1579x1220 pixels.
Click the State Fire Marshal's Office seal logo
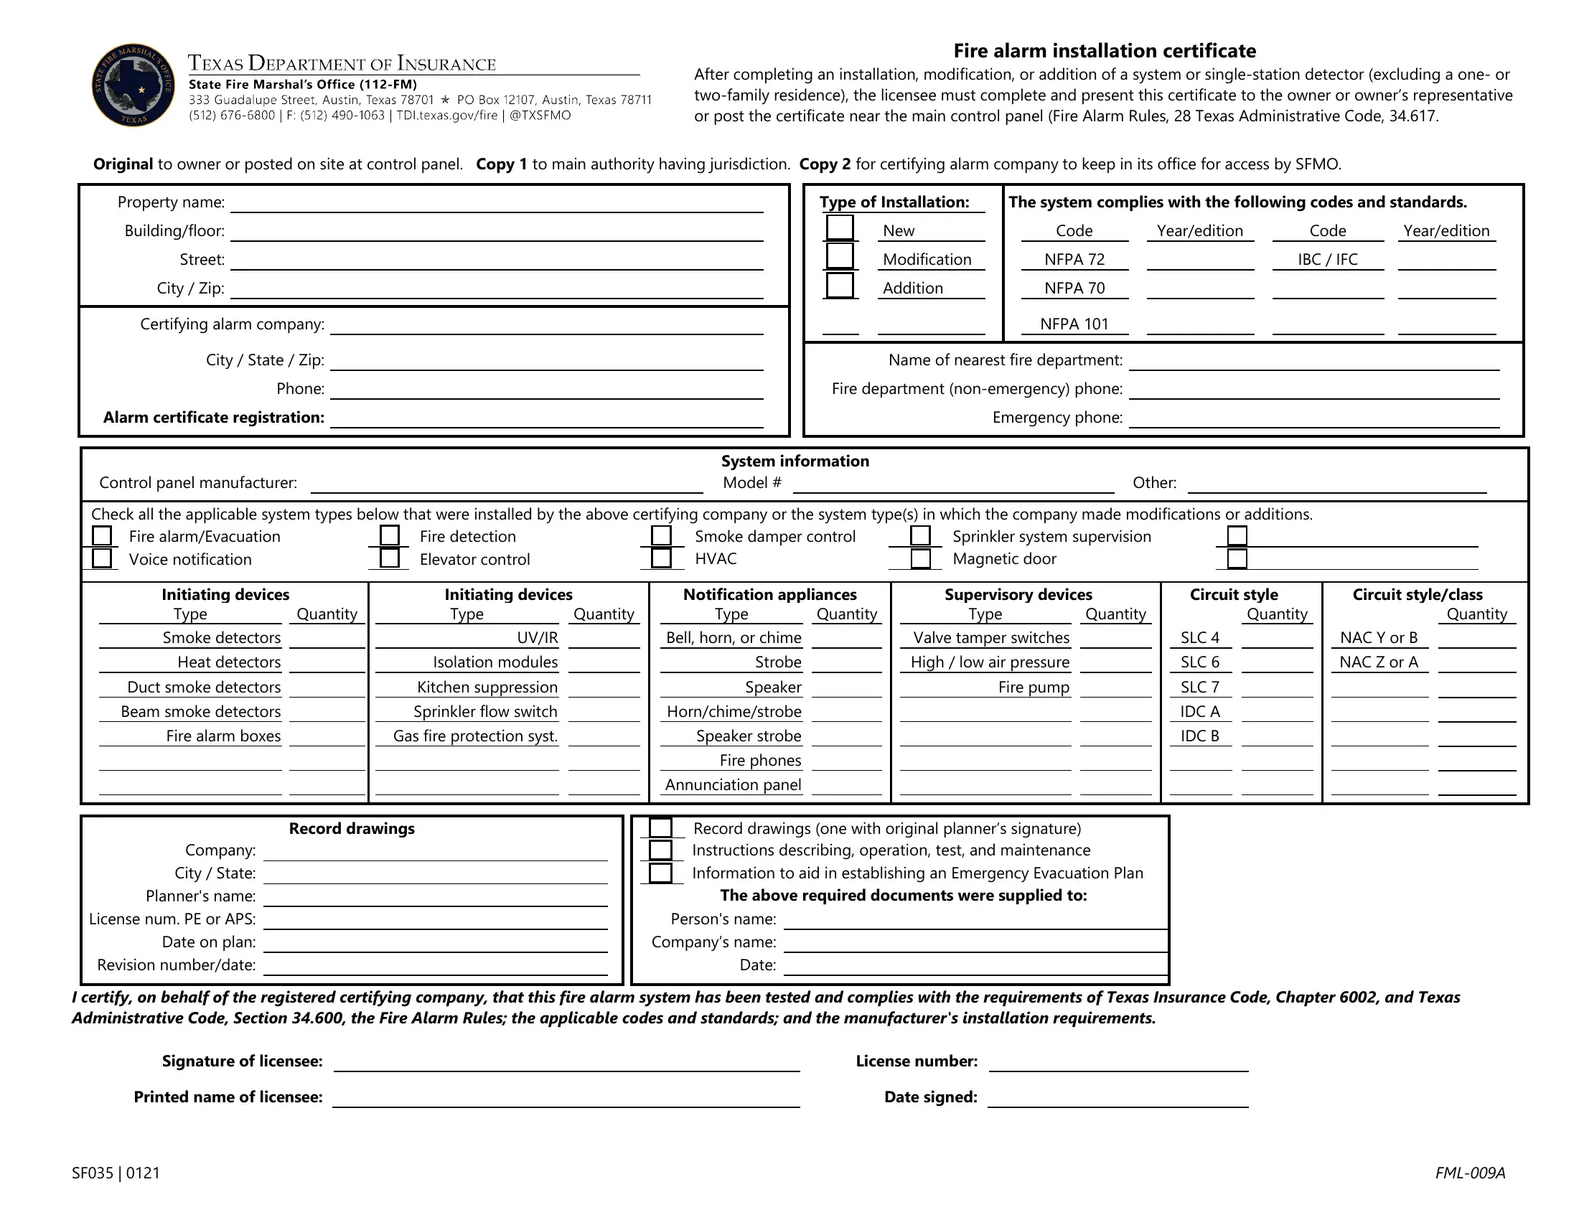point(133,85)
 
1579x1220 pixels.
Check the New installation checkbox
point(840,227)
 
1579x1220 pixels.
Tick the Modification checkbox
point(840,256)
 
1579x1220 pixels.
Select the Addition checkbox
point(840,285)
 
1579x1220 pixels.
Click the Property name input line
point(497,204)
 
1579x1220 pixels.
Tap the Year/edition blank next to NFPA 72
point(1200,261)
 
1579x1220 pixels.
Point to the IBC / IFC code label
point(1327,260)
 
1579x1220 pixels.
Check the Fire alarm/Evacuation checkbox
point(102,535)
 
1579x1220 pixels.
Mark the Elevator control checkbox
point(390,558)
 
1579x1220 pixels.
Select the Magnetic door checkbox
point(920,558)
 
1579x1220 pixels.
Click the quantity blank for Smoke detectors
point(327,638)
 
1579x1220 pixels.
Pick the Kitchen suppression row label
point(487,688)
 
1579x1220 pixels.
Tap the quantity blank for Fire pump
point(1115,688)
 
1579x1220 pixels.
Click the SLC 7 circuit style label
point(1199,688)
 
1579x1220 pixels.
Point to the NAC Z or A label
point(1378,662)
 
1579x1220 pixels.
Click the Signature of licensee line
point(566,1061)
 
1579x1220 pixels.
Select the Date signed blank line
point(1118,1098)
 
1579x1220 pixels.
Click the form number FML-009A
point(1470,1173)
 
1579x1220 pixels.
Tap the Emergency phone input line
point(1313,418)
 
